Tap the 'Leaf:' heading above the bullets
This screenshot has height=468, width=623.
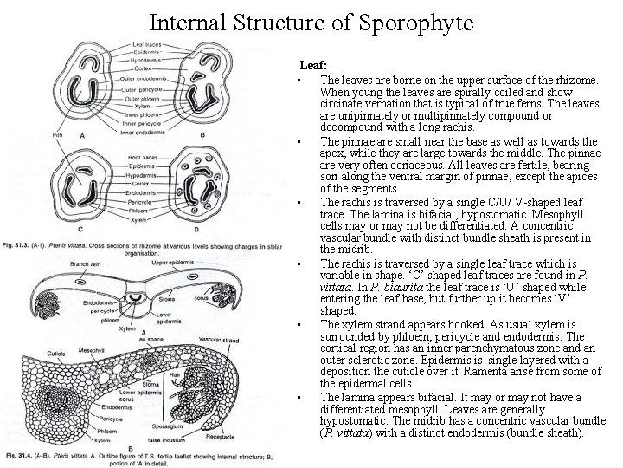312,65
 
